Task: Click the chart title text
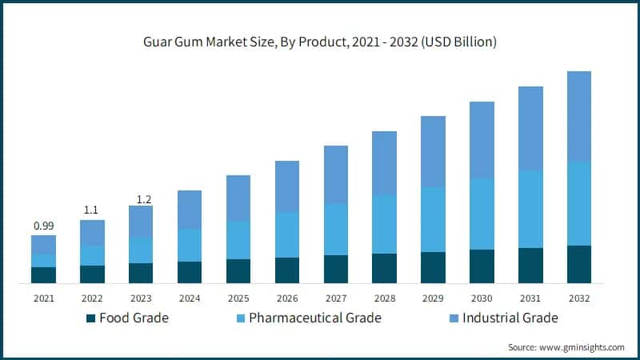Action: [x=320, y=42]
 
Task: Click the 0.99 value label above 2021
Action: [x=43, y=226]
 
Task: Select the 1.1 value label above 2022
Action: [x=92, y=210]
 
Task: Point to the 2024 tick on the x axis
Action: [x=190, y=298]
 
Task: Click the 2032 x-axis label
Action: [x=579, y=298]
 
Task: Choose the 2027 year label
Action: [x=336, y=298]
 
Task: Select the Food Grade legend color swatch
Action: [x=90, y=318]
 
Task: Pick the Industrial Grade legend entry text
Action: [x=501, y=318]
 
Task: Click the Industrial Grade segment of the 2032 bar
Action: [x=579, y=116]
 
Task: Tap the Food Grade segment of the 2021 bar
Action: [x=43, y=274]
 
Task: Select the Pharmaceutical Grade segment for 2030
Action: [x=482, y=214]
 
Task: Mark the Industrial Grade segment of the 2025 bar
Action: [x=238, y=198]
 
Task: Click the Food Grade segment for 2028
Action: [x=385, y=268]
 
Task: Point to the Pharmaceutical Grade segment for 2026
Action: [x=287, y=234]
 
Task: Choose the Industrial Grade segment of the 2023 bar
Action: [x=141, y=221]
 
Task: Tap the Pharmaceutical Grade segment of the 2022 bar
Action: [x=92, y=255]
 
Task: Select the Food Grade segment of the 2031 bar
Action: [x=530, y=265]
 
